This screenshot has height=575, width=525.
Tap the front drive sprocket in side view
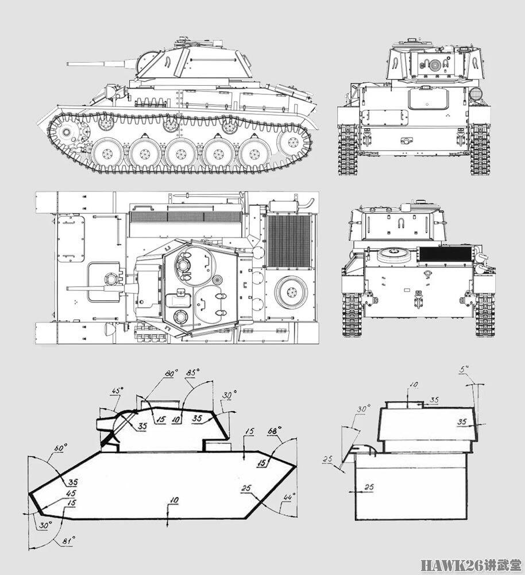68,133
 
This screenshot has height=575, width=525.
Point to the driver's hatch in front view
428,99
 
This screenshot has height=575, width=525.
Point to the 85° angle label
192,373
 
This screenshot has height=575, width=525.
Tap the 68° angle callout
274,431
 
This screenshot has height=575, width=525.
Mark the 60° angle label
60,447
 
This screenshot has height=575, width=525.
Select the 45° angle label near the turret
117,391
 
